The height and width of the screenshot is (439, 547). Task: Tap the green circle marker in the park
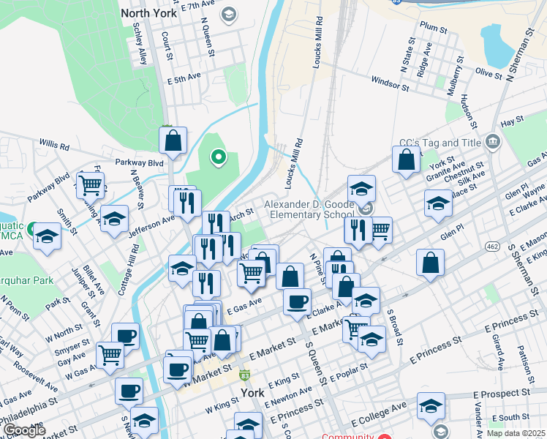(x=217, y=156)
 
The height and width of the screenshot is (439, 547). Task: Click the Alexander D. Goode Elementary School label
(x=309, y=209)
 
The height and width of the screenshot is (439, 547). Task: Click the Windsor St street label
(x=390, y=85)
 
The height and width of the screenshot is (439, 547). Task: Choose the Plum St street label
(x=433, y=27)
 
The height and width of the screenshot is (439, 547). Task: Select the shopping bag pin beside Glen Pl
(x=431, y=262)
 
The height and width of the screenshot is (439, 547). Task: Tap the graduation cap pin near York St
(x=438, y=203)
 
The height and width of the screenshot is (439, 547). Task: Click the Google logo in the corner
(x=23, y=430)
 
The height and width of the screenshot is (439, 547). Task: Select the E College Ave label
(x=377, y=416)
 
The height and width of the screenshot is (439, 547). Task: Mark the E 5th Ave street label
(x=183, y=77)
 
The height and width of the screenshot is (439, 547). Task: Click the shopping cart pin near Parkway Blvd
(x=90, y=185)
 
